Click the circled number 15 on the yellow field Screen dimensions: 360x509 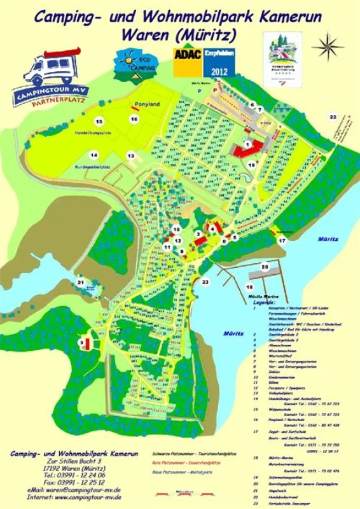(98, 120)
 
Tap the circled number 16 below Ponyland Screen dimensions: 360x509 (134, 119)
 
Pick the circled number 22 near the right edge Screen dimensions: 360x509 (332, 117)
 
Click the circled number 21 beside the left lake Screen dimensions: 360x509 (80, 282)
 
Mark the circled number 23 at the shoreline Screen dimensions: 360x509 (205, 281)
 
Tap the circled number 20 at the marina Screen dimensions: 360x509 (264, 267)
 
